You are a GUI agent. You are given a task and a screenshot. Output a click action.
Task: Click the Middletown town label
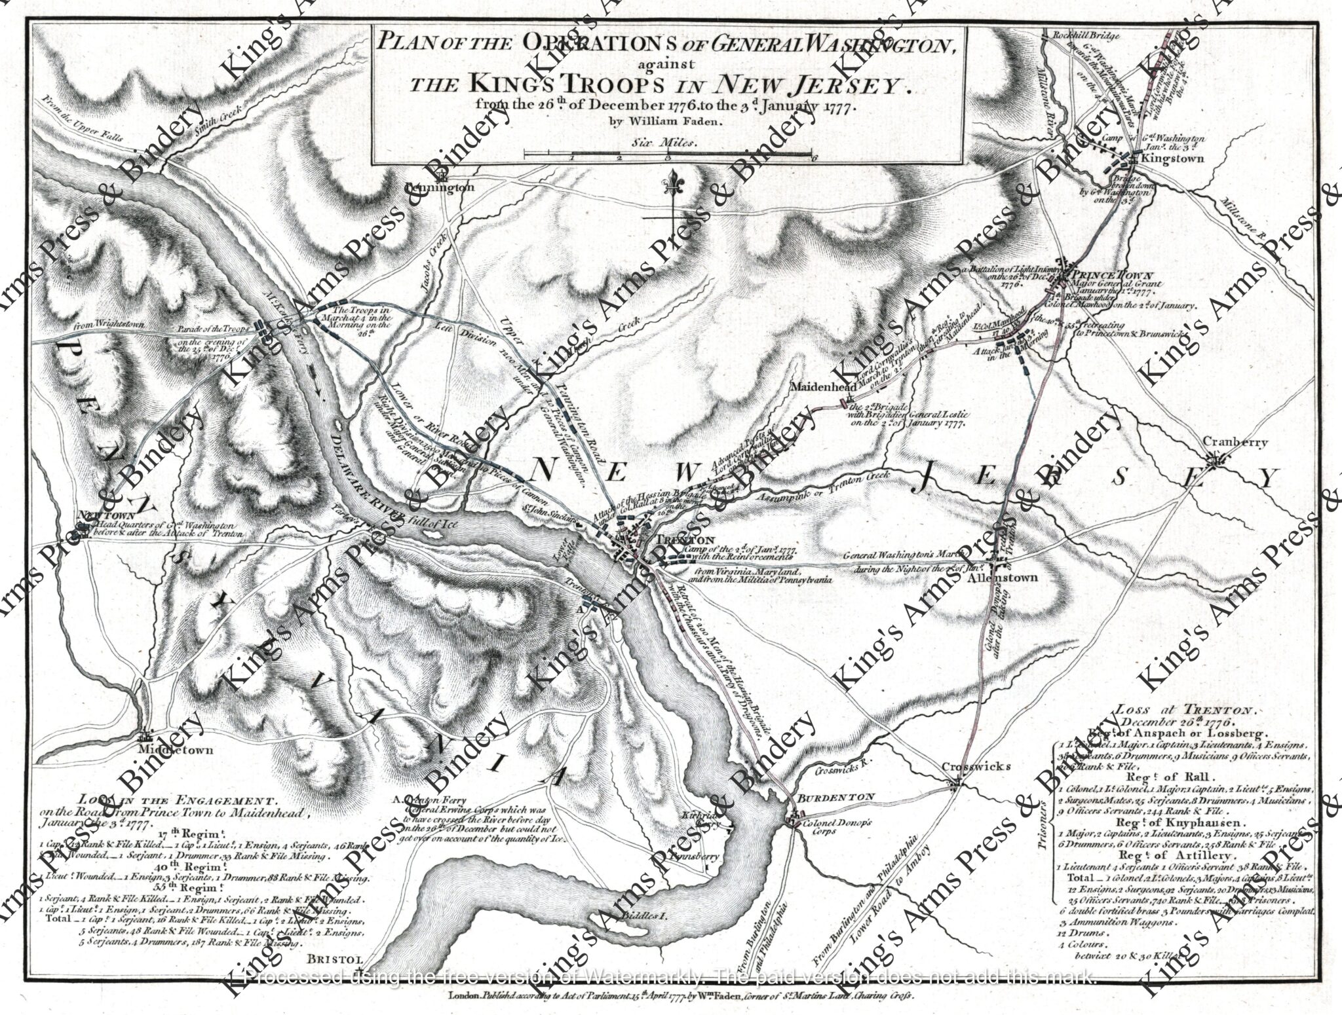[x=176, y=750]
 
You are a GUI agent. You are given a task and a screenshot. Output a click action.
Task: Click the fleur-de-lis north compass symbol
[x=673, y=187]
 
